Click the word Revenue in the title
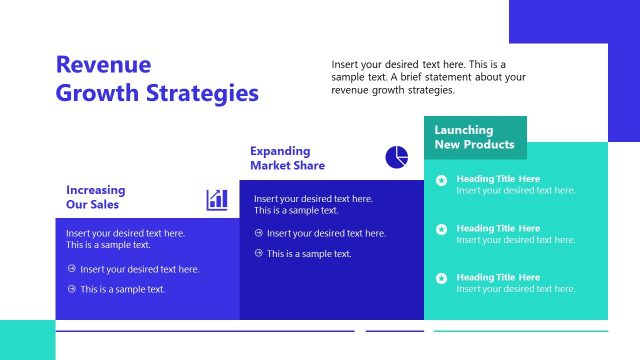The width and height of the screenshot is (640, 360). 103,65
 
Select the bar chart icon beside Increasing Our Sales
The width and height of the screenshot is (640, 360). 217,200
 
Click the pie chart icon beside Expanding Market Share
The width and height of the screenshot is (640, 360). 396,157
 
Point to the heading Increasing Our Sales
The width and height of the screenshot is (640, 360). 96,197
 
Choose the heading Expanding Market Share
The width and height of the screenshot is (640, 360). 287,158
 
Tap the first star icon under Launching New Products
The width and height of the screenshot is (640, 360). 441,181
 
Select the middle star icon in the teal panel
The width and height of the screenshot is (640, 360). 441,230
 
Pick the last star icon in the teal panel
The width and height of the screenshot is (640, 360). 441,279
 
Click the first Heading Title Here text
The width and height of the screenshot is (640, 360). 498,179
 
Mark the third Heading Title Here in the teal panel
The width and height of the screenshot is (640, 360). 498,277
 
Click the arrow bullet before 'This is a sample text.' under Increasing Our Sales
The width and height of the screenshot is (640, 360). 72,289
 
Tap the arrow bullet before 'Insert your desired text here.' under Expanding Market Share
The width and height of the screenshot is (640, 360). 259,233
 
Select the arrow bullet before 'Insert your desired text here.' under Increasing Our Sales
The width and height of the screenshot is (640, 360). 72,269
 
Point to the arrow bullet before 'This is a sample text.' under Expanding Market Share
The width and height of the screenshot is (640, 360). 259,253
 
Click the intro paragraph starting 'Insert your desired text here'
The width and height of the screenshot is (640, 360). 429,77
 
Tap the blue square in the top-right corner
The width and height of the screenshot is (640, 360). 574,21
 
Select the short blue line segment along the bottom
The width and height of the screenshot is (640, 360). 394,331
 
